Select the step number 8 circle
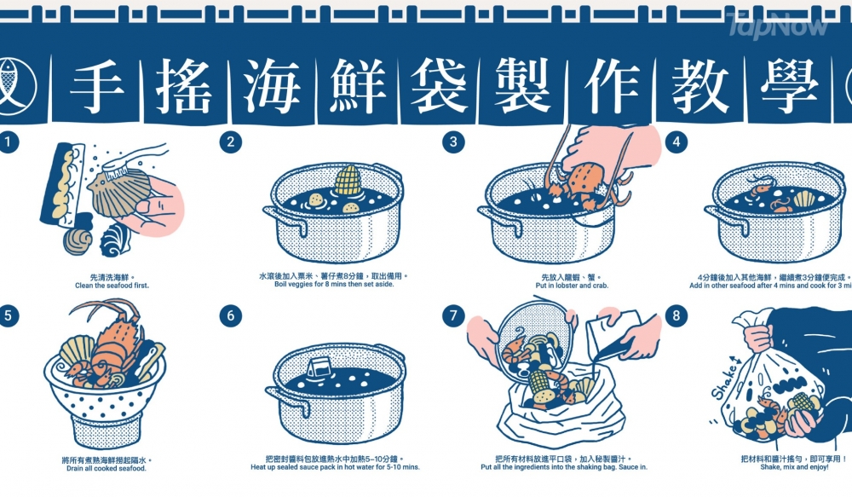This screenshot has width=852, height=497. click(676, 316)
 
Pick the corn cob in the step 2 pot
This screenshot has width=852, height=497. click(347, 182)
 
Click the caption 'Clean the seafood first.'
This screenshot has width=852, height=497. click(107, 286)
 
